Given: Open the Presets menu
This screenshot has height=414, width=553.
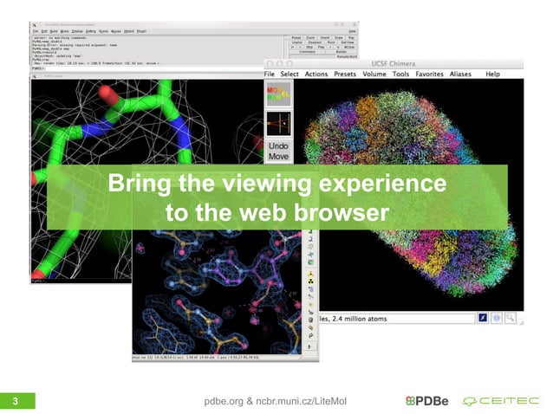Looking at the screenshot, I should click(x=345, y=74).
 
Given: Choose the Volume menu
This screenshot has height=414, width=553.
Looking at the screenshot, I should click(x=374, y=74).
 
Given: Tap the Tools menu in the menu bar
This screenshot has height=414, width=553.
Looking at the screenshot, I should click(x=400, y=74).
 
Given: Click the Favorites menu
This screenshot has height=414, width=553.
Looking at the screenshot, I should click(x=429, y=74).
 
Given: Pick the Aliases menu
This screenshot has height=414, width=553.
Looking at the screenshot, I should click(x=460, y=74).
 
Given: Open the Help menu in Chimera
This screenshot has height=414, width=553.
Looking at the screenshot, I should click(x=492, y=74).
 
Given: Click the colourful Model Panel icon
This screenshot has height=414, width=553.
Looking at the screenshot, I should click(x=278, y=94).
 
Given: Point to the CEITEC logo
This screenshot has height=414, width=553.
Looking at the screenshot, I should click(x=501, y=400).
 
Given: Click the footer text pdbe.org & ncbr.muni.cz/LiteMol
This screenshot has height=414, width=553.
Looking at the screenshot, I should click(x=274, y=400).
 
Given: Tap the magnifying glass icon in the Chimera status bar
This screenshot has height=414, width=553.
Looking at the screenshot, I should click(x=511, y=318).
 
